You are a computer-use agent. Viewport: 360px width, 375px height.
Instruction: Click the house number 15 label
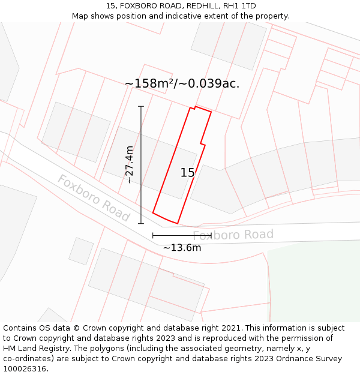188,173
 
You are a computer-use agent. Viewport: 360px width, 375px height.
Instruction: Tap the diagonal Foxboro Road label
94,197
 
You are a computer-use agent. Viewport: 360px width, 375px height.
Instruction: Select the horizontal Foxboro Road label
233,235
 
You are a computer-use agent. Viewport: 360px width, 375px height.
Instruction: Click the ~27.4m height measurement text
129,164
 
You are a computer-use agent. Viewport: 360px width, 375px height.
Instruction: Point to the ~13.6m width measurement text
182,247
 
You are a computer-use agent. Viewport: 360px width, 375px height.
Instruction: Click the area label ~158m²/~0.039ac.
182,83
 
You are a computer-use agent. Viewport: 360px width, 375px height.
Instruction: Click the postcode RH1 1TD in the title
239,5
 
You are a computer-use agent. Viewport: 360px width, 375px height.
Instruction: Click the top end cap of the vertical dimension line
141,107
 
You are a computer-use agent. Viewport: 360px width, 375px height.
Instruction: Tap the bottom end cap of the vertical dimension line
141,224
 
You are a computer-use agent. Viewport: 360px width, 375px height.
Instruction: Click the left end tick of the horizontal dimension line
153,235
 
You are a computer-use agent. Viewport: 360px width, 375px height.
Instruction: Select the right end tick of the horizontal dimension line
211,235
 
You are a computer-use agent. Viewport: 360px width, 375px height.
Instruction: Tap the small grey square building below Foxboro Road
80,251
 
